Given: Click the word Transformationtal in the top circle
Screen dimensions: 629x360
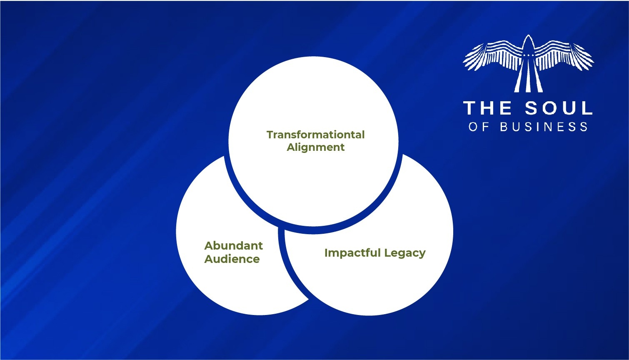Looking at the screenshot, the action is [315, 135].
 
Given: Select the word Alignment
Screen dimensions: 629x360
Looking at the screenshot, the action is [315, 147].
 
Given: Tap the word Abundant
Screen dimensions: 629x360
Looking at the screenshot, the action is [233, 246].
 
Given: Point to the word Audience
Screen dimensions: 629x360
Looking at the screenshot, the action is [232, 259].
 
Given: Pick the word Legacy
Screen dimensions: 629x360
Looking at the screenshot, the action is [405, 253].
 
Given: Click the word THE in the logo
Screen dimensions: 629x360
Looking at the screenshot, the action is [487, 108].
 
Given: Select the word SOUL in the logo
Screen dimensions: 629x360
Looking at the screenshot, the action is [558, 108].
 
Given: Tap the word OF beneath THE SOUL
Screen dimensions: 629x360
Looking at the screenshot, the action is [478, 127].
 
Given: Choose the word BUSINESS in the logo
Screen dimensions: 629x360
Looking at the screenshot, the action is [544, 127].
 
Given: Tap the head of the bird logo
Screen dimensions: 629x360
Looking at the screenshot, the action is [528, 42].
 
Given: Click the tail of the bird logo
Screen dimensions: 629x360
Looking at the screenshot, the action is [528, 81].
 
